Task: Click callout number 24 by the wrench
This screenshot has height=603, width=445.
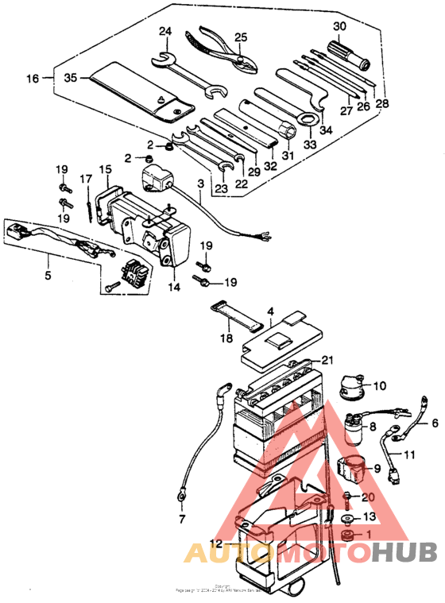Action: [x=165, y=32]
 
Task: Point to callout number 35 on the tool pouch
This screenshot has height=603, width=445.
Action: [x=70, y=78]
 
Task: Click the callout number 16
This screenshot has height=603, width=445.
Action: [x=32, y=78]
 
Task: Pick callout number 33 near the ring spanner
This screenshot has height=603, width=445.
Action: [x=308, y=145]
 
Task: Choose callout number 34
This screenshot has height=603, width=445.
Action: [x=326, y=129]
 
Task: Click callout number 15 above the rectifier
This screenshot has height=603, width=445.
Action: [x=106, y=169]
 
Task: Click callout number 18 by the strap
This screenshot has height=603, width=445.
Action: [x=226, y=338]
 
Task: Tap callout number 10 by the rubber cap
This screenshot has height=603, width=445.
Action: [x=380, y=386]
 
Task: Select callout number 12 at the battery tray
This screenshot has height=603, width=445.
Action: [x=216, y=543]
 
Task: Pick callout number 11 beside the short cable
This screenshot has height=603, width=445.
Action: [x=409, y=455]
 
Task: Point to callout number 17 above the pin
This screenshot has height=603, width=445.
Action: [x=86, y=180]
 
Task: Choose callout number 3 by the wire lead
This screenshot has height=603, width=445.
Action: [x=200, y=184]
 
